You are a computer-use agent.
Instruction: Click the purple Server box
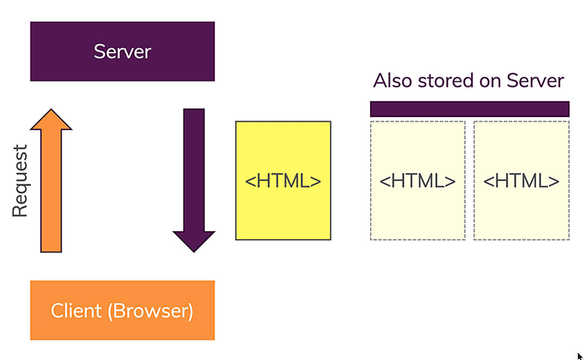122,51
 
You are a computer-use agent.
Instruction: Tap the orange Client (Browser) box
122,310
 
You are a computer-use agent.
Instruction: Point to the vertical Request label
20,181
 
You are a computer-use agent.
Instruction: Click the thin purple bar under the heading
469,109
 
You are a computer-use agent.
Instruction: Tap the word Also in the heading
392,80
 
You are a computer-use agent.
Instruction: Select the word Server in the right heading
535,80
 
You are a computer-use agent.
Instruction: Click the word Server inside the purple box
122,51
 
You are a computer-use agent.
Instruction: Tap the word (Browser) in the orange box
150,311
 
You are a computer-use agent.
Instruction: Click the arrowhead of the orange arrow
51,121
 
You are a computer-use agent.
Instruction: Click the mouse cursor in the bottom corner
579,356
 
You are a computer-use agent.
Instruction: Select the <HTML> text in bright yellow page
283,181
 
